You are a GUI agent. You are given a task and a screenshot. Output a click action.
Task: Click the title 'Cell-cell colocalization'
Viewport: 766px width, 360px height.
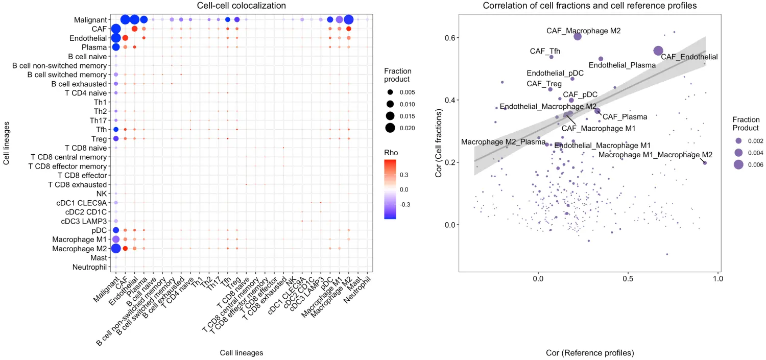pyautogui.click(x=242, y=6)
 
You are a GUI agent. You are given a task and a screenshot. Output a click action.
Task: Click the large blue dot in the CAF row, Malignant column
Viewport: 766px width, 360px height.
pyautogui.click(x=115, y=29)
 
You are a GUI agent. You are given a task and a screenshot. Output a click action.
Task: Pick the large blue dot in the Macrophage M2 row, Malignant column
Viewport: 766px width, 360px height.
pyautogui.click(x=115, y=249)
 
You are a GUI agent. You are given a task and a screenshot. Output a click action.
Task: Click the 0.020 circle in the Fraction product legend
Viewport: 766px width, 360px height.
pyautogui.click(x=391, y=128)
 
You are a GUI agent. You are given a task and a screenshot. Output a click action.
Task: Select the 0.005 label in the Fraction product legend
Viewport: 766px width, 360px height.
pyautogui.click(x=408, y=92)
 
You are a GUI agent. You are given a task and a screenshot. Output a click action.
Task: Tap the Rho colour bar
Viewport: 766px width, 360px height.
pyautogui.click(x=391, y=189)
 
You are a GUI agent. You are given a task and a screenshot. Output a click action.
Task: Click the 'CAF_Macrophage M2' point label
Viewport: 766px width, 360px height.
pyautogui.click(x=583, y=31)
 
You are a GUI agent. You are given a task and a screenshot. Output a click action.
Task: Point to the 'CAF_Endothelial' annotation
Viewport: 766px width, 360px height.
pyautogui.click(x=689, y=57)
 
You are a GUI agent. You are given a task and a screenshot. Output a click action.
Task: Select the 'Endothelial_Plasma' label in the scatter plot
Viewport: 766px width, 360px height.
pyautogui.click(x=622, y=65)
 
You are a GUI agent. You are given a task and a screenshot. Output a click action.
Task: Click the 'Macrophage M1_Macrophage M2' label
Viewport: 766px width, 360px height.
pyautogui.click(x=655, y=154)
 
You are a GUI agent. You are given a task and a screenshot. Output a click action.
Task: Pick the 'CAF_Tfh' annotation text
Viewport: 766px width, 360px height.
pyautogui.click(x=545, y=51)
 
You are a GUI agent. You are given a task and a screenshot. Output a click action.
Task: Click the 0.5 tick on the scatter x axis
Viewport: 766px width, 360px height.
pyautogui.click(x=628, y=279)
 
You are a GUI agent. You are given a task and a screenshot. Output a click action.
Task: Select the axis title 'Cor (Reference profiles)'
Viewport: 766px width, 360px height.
pyautogui.click(x=590, y=353)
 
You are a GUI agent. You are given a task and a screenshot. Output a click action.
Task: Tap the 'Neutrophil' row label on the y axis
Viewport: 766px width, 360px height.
pyautogui.click(x=89, y=267)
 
